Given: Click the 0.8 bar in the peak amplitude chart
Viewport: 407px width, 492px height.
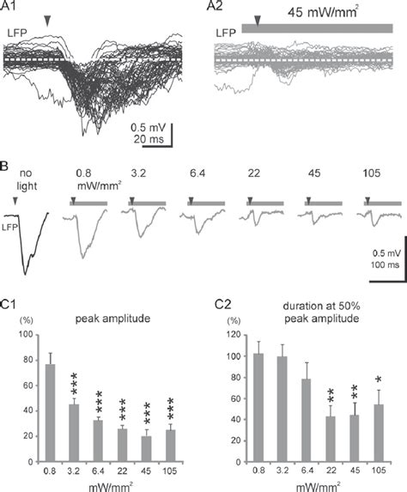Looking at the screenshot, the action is point(50,413).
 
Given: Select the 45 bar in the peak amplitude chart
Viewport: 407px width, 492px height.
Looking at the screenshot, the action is point(147,449).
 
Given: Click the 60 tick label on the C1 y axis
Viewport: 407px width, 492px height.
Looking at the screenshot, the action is point(27,386).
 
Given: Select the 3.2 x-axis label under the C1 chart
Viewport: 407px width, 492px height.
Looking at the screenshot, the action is point(74,471).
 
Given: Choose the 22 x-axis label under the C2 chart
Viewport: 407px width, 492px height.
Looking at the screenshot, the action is point(331,471).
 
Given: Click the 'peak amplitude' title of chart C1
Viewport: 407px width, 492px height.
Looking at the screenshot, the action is point(112,319).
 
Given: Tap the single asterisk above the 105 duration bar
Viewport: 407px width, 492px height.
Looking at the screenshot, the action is point(379,380).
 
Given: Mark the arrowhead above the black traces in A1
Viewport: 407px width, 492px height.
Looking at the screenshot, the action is point(47,21).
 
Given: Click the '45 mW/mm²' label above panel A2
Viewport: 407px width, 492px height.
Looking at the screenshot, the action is point(323,13).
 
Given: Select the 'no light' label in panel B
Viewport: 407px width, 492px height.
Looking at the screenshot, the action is point(27,179).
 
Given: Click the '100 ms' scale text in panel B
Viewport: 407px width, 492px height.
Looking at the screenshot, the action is point(385,264).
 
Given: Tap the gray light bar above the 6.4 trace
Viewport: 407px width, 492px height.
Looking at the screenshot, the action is point(206,203).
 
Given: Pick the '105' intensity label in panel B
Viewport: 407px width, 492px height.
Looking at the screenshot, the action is point(371,173).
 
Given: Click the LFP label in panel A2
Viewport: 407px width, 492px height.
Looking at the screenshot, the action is point(226,33).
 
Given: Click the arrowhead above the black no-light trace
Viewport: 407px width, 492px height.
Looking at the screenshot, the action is point(15,201).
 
